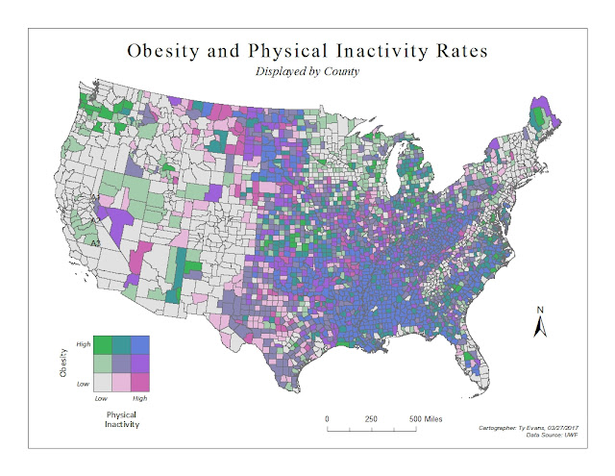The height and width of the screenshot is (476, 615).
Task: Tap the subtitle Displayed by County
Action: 307,72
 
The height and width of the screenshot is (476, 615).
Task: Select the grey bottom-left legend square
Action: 102,384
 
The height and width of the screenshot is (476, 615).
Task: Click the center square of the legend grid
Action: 121,365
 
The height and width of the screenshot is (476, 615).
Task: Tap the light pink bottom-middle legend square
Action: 121,384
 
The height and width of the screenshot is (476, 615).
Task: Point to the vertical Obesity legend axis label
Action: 63,365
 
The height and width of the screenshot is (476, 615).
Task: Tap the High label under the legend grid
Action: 140,397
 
